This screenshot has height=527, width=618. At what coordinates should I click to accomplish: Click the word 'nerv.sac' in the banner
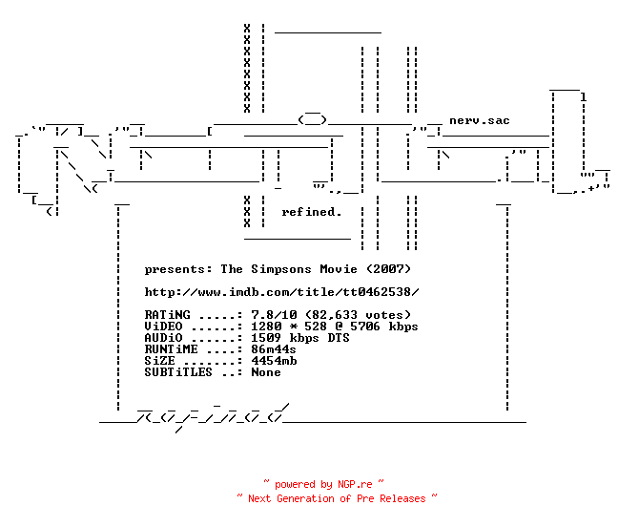[480, 120]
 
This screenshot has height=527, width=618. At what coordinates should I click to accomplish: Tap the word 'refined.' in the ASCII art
[311, 212]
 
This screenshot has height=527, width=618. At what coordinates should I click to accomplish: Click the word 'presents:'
[178, 270]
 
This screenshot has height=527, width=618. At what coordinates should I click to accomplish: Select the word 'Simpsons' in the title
[281, 270]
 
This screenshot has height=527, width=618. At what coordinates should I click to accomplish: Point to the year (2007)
[388, 269]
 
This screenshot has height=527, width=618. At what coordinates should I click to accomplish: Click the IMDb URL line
[281, 292]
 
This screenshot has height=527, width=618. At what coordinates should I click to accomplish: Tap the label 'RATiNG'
[167, 315]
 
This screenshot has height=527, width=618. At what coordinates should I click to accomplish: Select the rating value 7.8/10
[274, 315]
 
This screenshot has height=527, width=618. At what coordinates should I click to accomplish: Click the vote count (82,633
[332, 315]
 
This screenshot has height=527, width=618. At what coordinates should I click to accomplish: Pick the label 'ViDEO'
[164, 327]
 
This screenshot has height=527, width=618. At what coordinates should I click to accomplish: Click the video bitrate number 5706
[365, 327]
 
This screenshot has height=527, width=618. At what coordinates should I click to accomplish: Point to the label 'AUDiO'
[164, 338]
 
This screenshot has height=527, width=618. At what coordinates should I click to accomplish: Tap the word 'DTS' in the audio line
[339, 338]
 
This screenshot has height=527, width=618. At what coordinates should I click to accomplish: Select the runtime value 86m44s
[274, 349]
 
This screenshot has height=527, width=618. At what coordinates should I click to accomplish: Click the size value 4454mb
[274, 361]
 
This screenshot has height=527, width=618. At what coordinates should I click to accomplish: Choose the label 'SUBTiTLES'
[178, 372]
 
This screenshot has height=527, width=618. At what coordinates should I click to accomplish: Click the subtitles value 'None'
[266, 372]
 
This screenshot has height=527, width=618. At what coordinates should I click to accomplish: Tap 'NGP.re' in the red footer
[355, 484]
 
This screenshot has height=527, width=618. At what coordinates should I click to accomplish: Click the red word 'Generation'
[305, 498]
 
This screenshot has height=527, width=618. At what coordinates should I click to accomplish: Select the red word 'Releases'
[402, 498]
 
